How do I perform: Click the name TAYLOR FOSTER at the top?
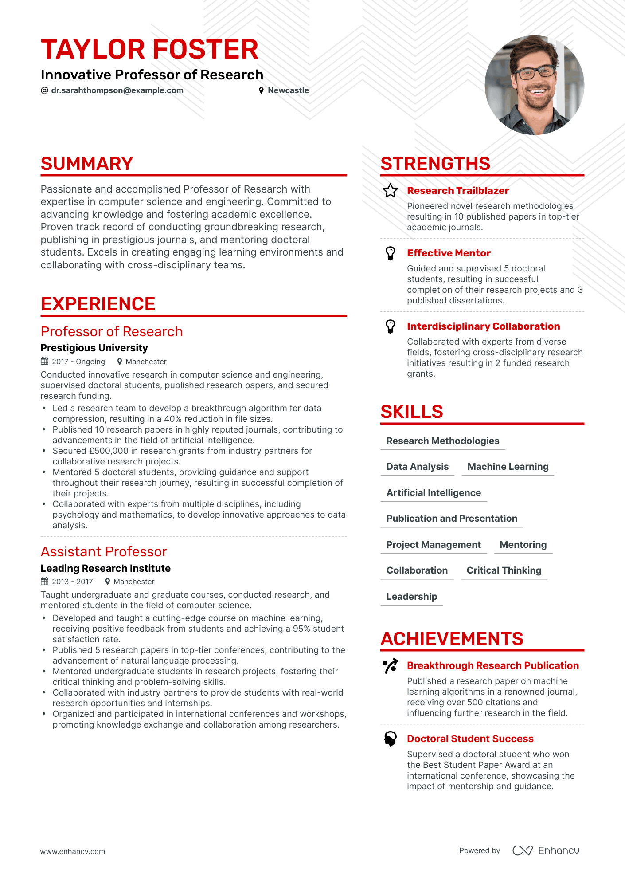click(x=149, y=49)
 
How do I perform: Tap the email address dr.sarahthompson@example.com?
click(x=117, y=90)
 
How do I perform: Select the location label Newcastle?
click(x=288, y=90)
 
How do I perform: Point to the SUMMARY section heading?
click(x=87, y=164)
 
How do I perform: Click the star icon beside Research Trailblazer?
click(x=391, y=191)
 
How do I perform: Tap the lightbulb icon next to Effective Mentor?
click(x=391, y=253)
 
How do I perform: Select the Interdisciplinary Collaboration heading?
click(x=483, y=326)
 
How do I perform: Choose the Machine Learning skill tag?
click(x=508, y=467)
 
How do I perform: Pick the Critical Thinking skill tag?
click(x=504, y=570)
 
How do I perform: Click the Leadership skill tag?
click(x=412, y=597)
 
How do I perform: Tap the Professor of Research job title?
click(x=112, y=332)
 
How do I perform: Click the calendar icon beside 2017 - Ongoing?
click(x=45, y=361)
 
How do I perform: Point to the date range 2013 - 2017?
click(x=72, y=582)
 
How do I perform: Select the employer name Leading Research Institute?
click(x=105, y=568)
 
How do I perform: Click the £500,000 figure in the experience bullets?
click(x=109, y=451)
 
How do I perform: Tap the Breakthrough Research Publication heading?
click(x=493, y=665)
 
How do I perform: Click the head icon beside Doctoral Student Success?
click(x=391, y=739)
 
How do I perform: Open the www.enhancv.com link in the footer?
click(x=73, y=851)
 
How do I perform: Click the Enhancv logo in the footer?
click(x=546, y=850)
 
